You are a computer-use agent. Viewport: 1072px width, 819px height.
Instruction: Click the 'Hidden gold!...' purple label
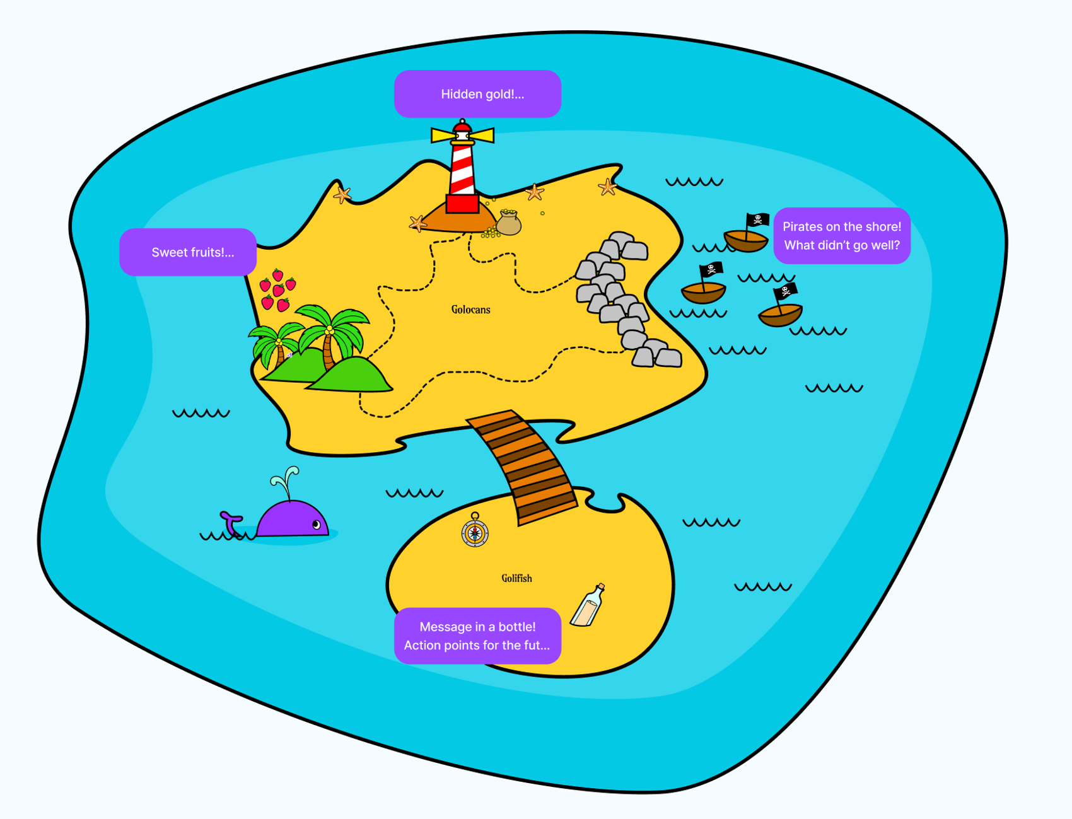pos(477,94)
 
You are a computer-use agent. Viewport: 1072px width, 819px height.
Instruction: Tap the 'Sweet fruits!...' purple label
pos(188,252)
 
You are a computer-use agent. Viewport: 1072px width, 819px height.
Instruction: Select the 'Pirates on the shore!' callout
pos(842,236)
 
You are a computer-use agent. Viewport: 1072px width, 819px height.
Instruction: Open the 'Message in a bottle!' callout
pos(477,636)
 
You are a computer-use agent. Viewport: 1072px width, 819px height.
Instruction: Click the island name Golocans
pos(470,310)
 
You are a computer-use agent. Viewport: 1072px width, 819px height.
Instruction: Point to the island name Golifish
pos(516,578)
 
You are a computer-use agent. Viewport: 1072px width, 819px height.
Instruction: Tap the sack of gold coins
pos(508,223)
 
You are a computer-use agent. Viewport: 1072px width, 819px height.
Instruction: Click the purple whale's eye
pos(317,525)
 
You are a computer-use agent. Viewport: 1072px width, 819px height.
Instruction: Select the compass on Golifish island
pos(475,533)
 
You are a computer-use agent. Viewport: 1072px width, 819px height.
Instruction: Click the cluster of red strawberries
pos(277,291)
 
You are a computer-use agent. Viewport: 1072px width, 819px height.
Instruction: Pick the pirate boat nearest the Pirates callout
pos(746,238)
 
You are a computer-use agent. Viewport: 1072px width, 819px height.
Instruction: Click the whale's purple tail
pos(231,523)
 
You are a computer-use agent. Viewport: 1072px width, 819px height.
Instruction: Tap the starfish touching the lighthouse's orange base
pos(417,223)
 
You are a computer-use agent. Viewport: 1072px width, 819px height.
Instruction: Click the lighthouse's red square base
pos(462,204)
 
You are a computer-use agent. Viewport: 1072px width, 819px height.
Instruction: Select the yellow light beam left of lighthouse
pos(442,135)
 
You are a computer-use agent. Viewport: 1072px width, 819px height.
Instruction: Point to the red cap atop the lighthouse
pos(462,127)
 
